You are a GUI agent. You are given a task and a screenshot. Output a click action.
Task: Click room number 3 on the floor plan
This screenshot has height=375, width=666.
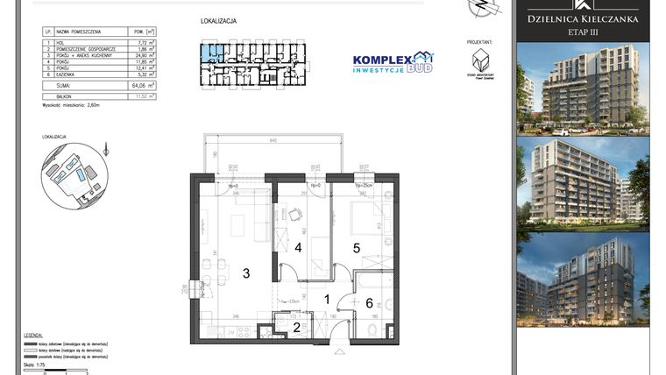coord(246,273)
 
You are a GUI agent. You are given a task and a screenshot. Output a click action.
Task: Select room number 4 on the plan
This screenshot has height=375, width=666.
coord(298,248)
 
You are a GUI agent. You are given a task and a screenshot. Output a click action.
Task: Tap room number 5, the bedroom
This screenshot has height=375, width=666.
coord(357,248)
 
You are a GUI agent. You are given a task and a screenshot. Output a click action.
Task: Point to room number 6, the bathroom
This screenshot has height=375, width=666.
coord(369,302)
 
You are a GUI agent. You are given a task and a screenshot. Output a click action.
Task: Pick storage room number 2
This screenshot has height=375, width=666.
coord(296,328)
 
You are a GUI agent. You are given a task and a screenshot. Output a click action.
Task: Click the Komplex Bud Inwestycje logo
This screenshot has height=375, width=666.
coord(392,62)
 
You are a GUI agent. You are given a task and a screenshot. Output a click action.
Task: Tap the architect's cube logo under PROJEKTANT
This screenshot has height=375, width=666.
coord(479,60)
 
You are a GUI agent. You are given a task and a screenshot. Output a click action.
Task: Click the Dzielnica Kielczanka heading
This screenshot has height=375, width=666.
coord(582,18)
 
